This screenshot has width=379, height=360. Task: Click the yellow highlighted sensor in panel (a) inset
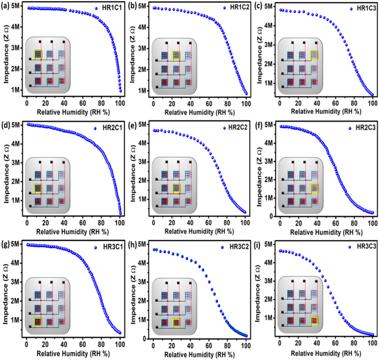point(38,54)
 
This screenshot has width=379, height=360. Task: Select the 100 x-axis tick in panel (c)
point(373,103)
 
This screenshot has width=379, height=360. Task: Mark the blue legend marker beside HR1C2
point(225,8)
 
